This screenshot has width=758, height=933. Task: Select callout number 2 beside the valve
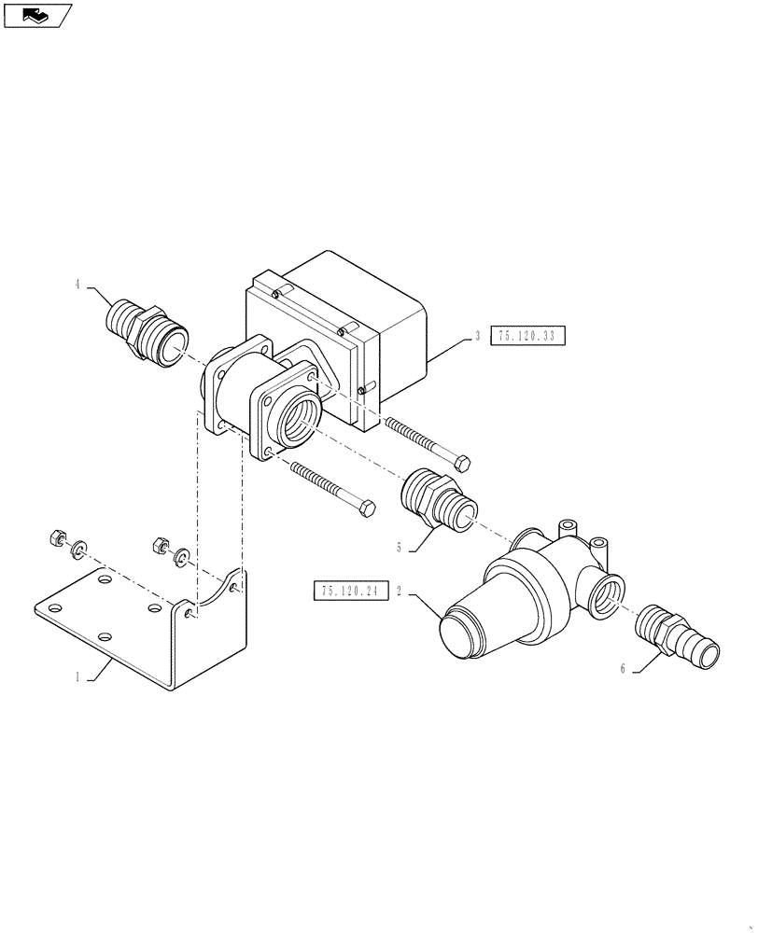point(400,592)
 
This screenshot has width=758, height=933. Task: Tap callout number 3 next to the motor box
point(477,336)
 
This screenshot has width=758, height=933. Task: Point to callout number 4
point(77,286)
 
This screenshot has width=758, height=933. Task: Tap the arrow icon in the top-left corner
point(36,14)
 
